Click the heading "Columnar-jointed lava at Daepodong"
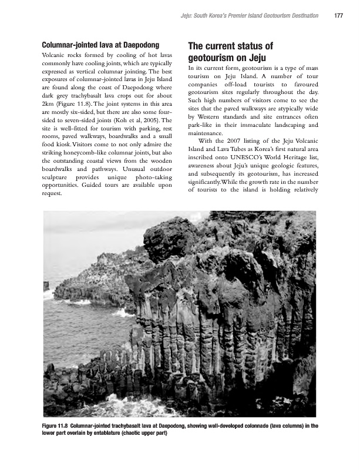(100, 45)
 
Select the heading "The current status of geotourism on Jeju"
(231, 52)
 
